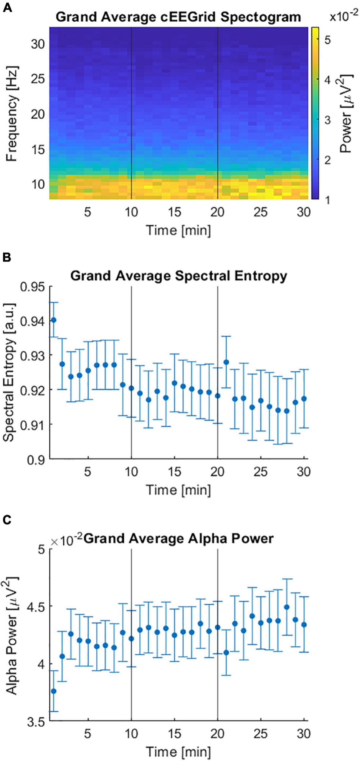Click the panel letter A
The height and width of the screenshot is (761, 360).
pyautogui.click(x=7, y=8)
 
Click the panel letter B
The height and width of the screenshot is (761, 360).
pyautogui.click(x=7, y=258)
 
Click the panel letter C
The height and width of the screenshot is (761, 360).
pyautogui.click(x=7, y=520)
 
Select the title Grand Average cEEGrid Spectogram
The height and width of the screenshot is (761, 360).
pyautogui.click(x=178, y=17)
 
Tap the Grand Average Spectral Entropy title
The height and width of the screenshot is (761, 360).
pyautogui.click(x=179, y=276)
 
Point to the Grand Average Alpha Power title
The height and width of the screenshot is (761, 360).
pyautogui.click(x=178, y=538)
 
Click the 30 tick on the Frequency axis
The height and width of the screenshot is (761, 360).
pyautogui.click(x=38, y=44)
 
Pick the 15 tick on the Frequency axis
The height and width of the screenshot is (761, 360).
pyautogui.click(x=38, y=149)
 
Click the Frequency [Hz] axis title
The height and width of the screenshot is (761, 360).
pyautogui.click(x=12, y=113)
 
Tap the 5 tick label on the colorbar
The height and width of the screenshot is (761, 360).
pyautogui.click(x=328, y=40)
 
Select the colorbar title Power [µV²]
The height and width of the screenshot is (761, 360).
pyautogui.click(x=346, y=113)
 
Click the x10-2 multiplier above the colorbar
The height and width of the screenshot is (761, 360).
pyautogui.click(x=344, y=17)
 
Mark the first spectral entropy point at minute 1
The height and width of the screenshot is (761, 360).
pyautogui.click(x=53, y=320)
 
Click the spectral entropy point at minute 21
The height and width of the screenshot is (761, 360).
pyautogui.click(x=226, y=362)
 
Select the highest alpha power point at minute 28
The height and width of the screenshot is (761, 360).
pyautogui.click(x=287, y=607)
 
